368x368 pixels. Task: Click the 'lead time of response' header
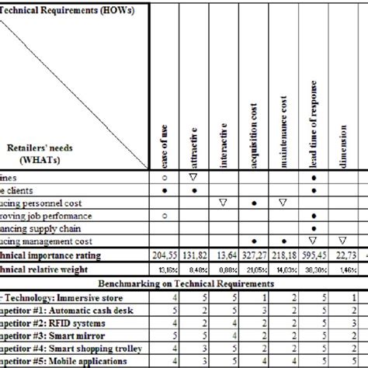314,124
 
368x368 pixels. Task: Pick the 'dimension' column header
342,147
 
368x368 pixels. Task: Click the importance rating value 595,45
314,255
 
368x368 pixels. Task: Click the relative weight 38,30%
314,269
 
